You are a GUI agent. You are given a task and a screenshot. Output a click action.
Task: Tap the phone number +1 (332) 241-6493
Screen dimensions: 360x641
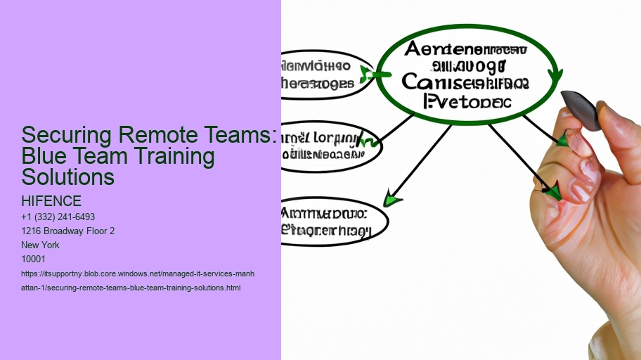pyautogui.click(x=58, y=217)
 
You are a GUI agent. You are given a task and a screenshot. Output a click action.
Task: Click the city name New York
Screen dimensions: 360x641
pyautogui.click(x=41, y=245)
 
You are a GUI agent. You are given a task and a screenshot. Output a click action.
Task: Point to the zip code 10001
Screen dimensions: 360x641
pyautogui.click(x=34, y=259)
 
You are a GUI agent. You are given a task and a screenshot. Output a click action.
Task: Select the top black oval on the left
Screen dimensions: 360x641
pyautogui.click(x=324, y=75)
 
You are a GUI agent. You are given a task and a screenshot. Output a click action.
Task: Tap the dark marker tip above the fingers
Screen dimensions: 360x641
pyautogui.click(x=582, y=110)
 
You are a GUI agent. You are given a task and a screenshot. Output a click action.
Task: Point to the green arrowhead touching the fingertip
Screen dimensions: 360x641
pyautogui.click(x=553, y=191)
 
